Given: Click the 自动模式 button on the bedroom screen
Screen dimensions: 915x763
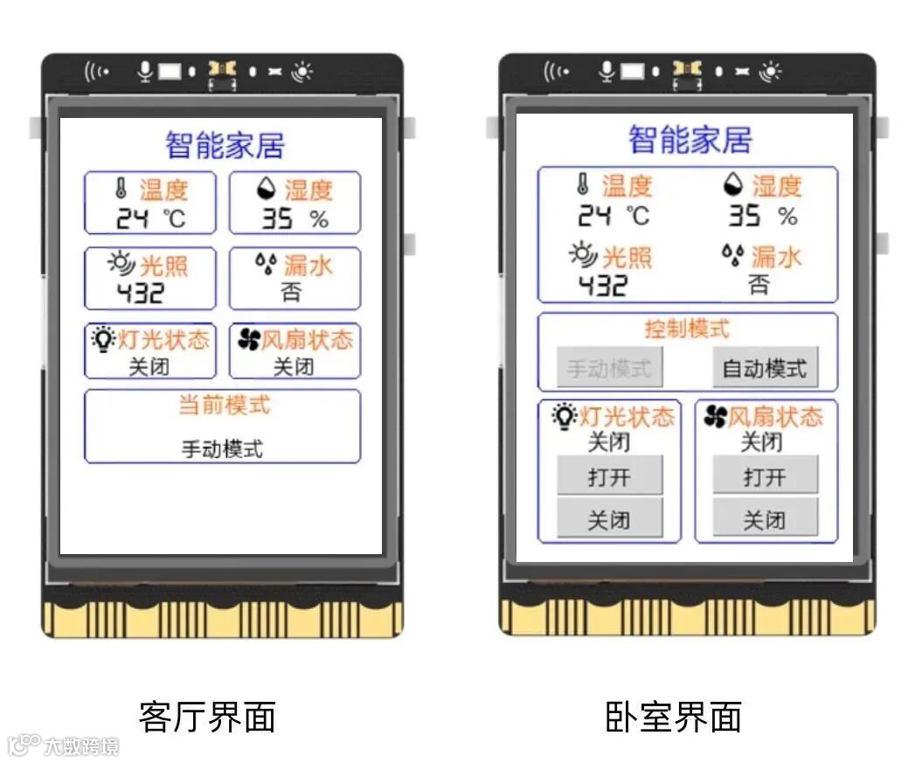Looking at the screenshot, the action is tap(765, 368).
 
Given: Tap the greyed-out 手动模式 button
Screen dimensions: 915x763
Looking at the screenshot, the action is tap(609, 368).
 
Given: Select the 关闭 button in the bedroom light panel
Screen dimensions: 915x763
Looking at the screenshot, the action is tap(609, 520).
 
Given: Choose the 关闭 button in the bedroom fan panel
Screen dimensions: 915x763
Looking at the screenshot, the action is tap(765, 520).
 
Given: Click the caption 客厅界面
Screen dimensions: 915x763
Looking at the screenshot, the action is tap(207, 717).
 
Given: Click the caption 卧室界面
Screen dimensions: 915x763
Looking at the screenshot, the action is tap(673, 717).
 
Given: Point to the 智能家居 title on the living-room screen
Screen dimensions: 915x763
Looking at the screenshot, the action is tap(225, 145).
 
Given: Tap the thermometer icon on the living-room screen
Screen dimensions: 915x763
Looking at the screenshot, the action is tap(121, 188).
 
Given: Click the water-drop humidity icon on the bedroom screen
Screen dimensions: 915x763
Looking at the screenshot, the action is tap(733, 184).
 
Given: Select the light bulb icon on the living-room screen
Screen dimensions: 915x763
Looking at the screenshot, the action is tap(104, 339).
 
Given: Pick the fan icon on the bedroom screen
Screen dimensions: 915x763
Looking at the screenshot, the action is tap(715, 417).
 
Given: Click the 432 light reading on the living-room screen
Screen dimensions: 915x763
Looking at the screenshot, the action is tap(141, 293).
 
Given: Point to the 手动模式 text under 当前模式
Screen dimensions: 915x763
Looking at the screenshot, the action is tap(222, 449).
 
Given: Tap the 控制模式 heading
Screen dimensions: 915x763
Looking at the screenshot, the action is tap(687, 329).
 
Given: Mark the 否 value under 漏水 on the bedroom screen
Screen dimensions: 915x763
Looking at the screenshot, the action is tap(759, 284).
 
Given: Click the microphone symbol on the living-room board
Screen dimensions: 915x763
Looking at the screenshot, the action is tap(145, 71).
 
